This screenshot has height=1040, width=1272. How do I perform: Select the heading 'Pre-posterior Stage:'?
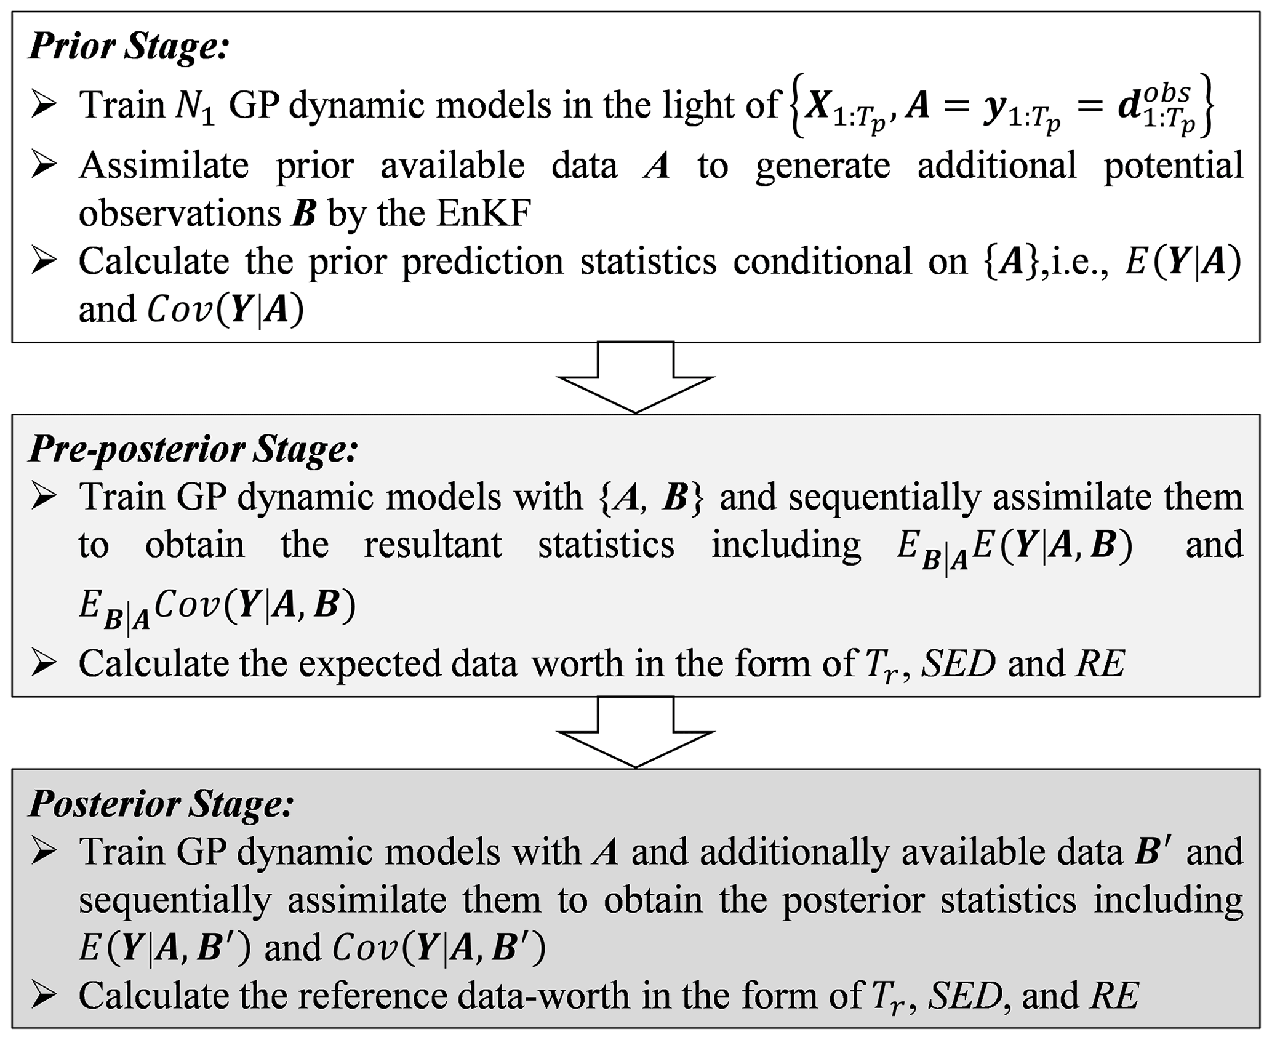pos(193,449)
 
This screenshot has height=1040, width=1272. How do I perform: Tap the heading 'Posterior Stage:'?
pos(161,804)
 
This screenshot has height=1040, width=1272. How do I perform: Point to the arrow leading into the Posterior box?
pos(635,733)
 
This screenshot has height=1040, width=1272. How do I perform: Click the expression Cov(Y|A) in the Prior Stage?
pos(225,310)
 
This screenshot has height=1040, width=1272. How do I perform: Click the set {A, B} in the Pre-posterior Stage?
pos(650,497)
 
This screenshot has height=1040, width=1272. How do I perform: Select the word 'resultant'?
pos(433,545)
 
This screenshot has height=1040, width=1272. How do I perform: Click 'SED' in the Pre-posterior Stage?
pos(958,663)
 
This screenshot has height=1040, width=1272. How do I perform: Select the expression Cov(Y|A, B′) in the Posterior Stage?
pos(439,948)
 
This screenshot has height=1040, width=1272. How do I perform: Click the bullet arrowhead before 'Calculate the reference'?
pos(44,996)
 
